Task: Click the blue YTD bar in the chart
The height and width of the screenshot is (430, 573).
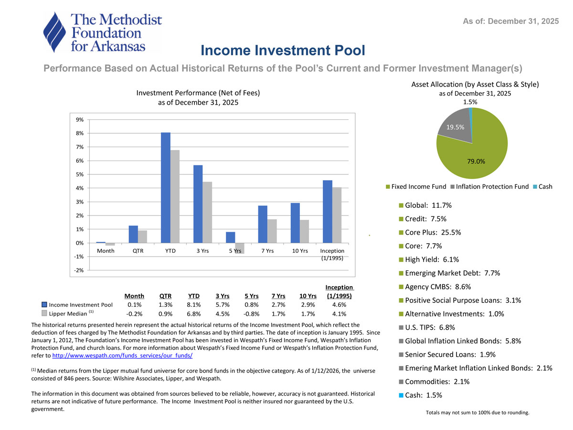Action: click(x=166, y=187)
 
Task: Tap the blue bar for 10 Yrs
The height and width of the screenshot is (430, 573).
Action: click(x=295, y=223)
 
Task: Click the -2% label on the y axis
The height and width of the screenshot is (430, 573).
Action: click(x=81, y=270)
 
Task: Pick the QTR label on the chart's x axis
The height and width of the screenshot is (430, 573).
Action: click(x=138, y=251)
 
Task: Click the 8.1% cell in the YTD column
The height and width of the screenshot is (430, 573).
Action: click(x=194, y=304)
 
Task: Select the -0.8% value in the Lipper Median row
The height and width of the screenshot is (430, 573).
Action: click(x=252, y=314)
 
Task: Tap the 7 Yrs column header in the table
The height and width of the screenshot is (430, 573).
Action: click(x=278, y=296)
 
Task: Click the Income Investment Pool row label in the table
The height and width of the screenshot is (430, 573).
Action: click(x=81, y=304)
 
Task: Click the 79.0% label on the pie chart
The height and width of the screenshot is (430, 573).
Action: click(x=477, y=161)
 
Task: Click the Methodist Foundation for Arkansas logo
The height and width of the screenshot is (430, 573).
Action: click(x=103, y=32)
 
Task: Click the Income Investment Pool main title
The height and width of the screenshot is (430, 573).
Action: click(x=283, y=50)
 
